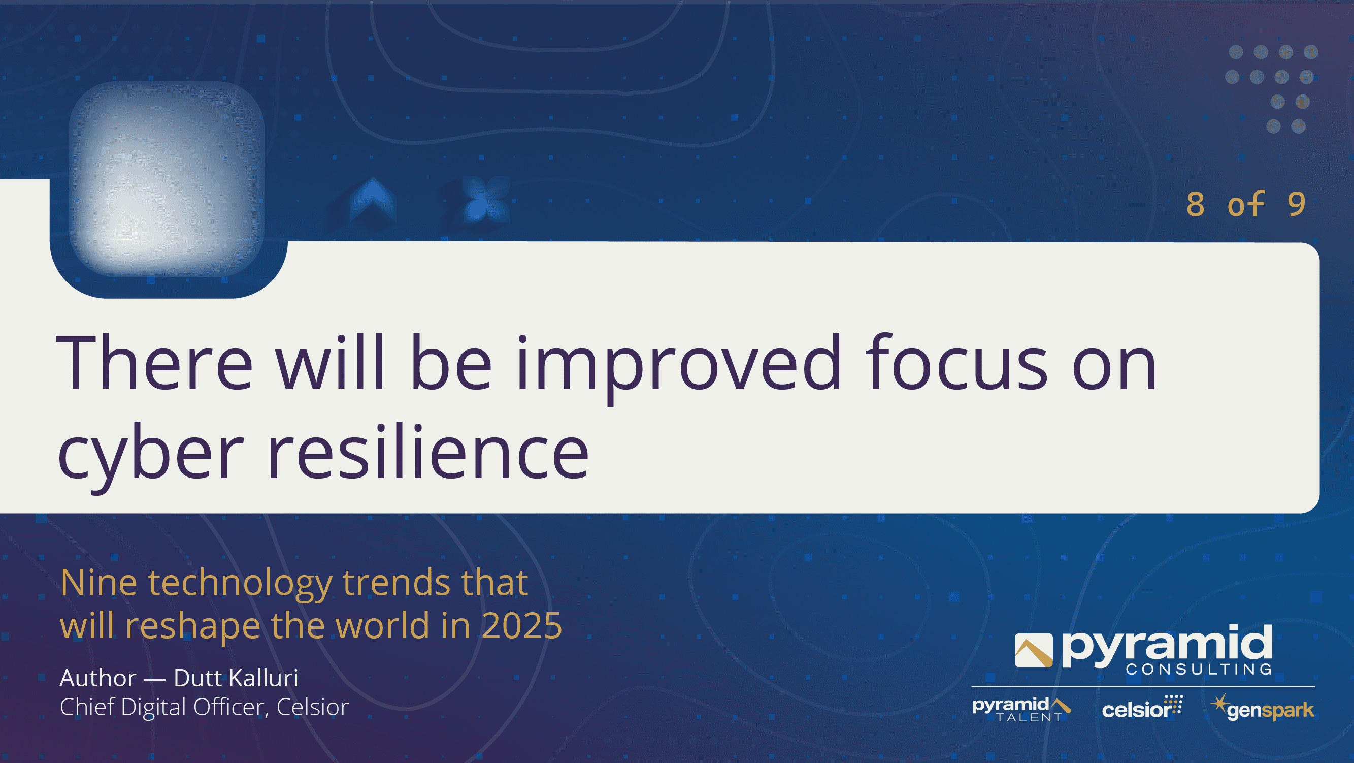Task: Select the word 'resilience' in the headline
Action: tap(428, 451)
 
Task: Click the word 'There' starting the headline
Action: tap(154, 362)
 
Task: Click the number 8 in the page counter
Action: tap(1195, 204)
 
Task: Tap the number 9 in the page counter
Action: tap(1296, 204)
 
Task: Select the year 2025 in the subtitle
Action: tap(521, 626)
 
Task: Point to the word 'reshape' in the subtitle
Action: tap(193, 627)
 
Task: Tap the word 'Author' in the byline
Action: tap(98, 678)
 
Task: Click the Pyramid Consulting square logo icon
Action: tap(1033, 650)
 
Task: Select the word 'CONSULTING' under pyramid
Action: tap(1199, 669)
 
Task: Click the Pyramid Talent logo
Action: tap(1021, 709)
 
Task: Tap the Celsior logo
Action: tap(1142, 708)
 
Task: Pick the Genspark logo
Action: tap(1262, 708)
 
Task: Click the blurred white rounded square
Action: tap(167, 179)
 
